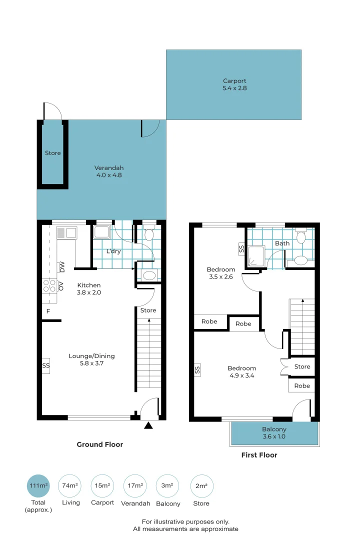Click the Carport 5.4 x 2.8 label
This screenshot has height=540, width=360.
pos(234,84)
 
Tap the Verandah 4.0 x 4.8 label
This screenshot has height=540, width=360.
pos(109,171)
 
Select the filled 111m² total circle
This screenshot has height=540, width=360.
pos(38,485)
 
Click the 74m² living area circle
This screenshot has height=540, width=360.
pos(70,485)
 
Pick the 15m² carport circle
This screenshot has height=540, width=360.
pos(102,485)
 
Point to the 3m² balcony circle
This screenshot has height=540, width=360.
pos(167,485)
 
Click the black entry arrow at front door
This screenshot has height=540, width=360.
pos(148,425)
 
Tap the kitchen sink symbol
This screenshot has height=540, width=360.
pos(66,232)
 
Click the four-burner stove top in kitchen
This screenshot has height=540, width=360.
pos(49,285)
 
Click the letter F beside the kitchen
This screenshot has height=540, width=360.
pos(48,311)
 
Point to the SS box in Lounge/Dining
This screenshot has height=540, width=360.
pos(46,365)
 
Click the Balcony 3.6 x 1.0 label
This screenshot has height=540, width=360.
pos(274,432)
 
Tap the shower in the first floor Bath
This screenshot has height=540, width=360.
pos(256,256)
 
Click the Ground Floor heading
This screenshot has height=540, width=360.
pos(99,444)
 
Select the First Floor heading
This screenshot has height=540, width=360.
pos(259,455)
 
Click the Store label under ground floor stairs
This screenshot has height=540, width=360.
pos(148,310)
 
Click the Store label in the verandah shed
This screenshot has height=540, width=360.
pos(52,153)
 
